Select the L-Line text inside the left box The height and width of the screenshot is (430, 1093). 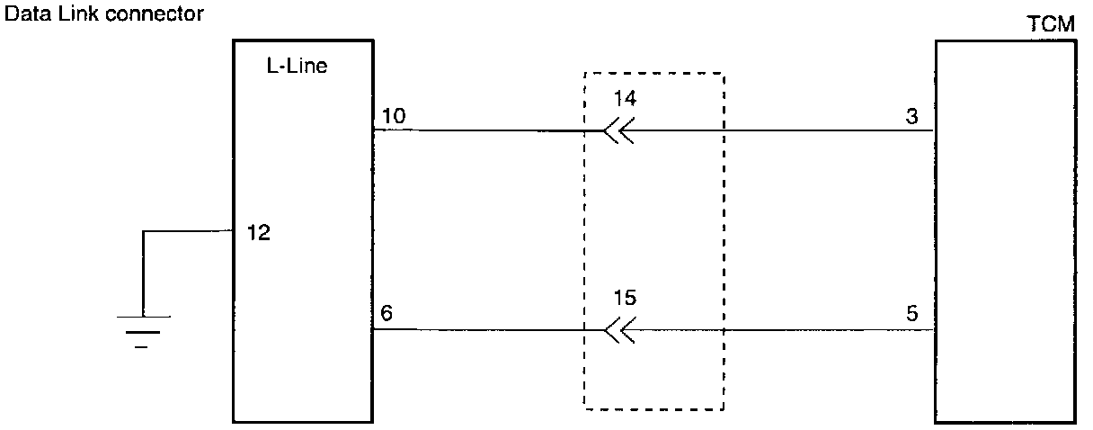point(297,67)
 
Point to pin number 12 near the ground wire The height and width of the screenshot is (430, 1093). point(257,233)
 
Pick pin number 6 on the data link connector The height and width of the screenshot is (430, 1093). point(387,314)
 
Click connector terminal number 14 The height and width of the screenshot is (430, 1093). point(625,98)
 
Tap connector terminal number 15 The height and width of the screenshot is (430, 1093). point(625,297)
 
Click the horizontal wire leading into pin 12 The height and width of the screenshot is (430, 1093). point(189,232)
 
